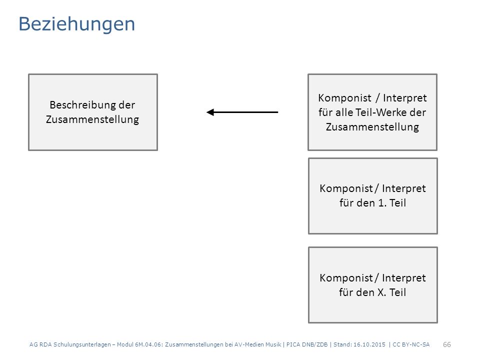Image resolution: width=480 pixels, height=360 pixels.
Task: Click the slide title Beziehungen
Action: coord(76,24)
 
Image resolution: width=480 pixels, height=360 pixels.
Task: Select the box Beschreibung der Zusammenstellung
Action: coord(93,112)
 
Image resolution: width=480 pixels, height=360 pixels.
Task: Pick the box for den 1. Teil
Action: coord(373,196)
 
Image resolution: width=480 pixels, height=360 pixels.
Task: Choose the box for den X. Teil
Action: coord(373,285)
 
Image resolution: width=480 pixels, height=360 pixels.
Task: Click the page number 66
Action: coord(447,344)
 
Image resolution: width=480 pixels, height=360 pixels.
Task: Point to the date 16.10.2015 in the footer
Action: coord(369,344)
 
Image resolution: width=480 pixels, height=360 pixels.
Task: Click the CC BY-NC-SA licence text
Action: coord(411,344)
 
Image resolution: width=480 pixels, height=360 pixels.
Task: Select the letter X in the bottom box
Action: coord(381,292)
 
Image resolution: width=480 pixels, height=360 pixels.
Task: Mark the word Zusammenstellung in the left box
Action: coord(92,119)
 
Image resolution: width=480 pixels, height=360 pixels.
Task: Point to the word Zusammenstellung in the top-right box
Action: coord(372,126)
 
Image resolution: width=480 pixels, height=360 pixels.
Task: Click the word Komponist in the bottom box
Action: coord(346,278)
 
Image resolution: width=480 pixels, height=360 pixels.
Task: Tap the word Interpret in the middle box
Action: coord(404,188)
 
